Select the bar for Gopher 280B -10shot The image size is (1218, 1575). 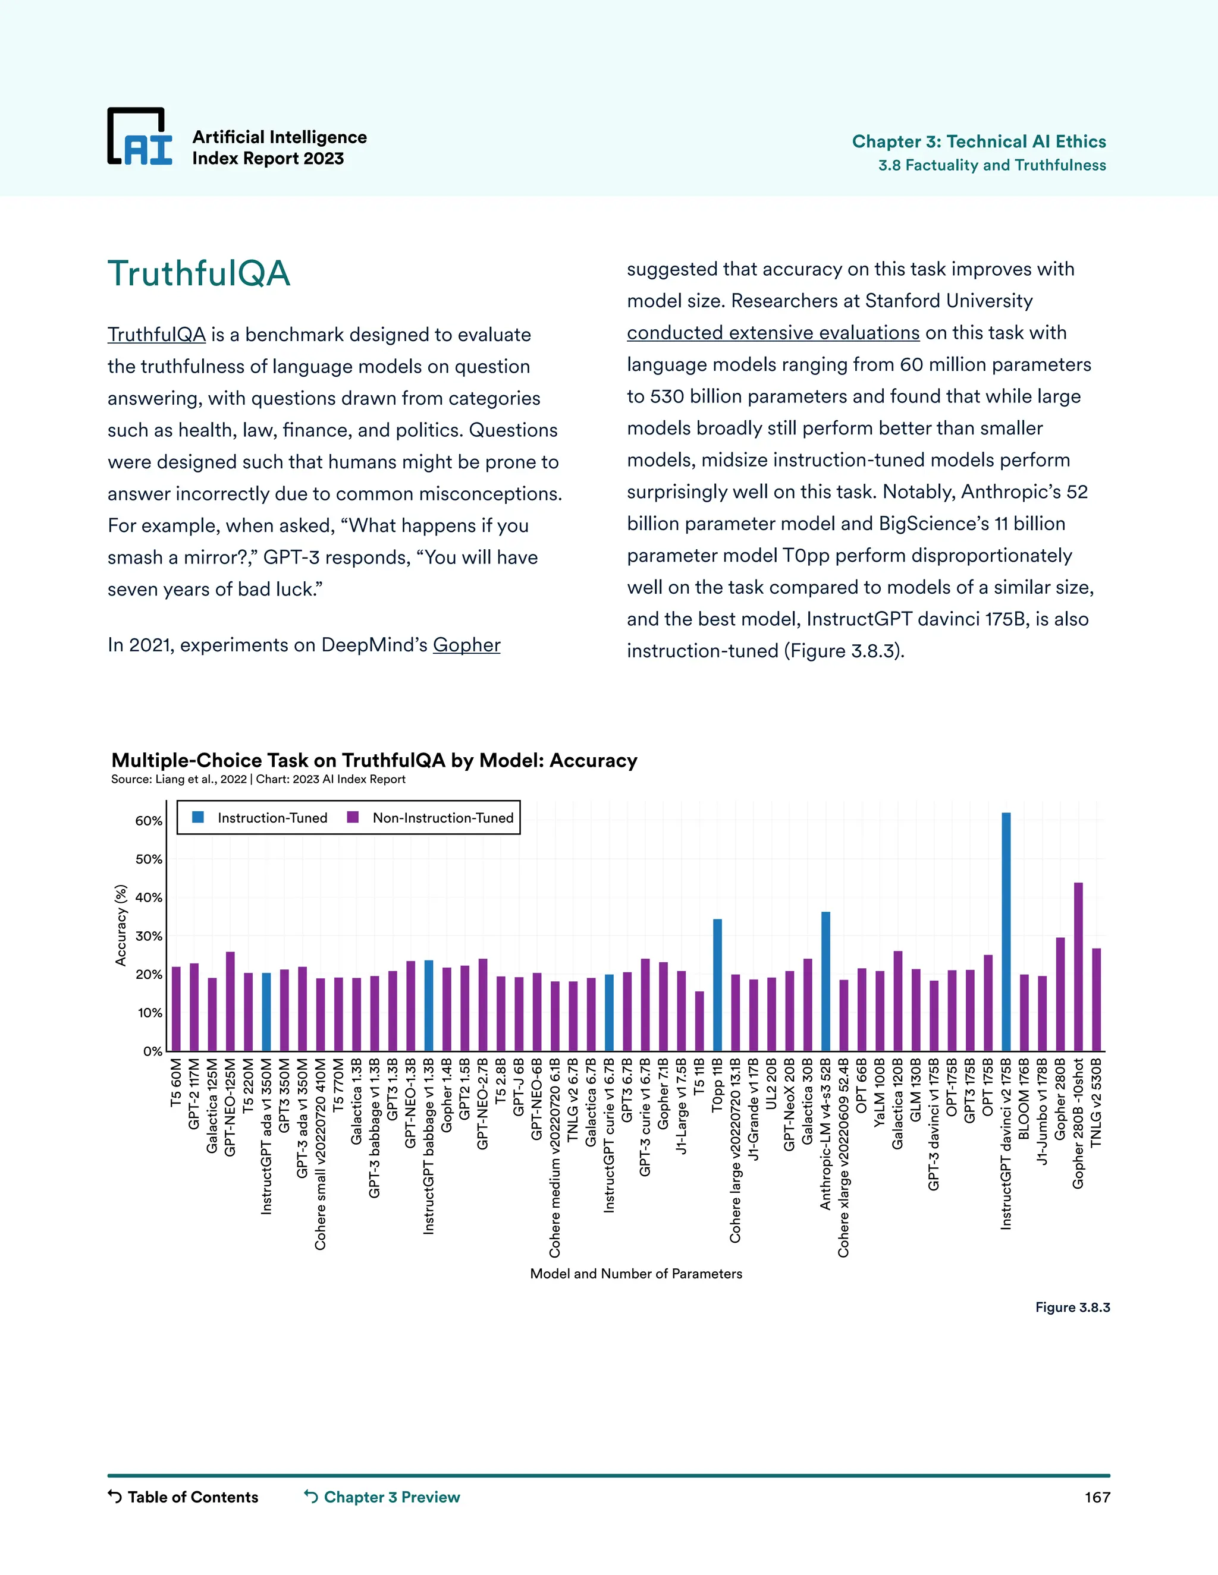point(1078,966)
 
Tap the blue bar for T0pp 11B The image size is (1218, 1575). point(717,984)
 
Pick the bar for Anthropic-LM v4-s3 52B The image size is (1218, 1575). point(825,981)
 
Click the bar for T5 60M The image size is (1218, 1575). point(176,1008)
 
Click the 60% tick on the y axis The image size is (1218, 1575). point(149,821)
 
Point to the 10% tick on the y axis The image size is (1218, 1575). point(149,1013)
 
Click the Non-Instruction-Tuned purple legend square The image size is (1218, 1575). point(353,817)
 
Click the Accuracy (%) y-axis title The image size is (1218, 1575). point(121,925)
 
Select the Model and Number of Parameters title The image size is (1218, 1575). point(636,1274)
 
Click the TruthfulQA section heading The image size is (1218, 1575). point(199,273)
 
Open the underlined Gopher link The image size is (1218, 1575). point(466,645)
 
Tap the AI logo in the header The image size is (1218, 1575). point(140,137)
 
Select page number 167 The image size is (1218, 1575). point(1097,1497)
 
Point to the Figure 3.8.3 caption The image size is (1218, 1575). point(1072,1308)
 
